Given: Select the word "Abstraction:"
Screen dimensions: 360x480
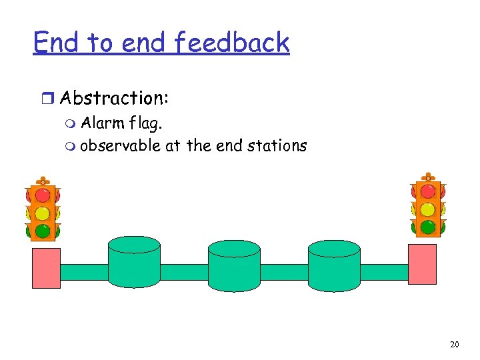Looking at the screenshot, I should [114, 98].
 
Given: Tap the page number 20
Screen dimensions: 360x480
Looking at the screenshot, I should [455, 344].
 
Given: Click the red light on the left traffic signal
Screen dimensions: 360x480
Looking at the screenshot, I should [43, 195].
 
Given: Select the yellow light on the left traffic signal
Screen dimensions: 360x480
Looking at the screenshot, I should [43, 213].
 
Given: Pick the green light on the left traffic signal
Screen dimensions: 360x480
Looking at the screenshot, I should [43, 231].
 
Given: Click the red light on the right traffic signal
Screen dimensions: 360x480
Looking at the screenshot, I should [428, 192].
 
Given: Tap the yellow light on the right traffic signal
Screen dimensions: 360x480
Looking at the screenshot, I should [428, 209].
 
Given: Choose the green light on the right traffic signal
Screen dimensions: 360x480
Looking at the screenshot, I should [428, 227].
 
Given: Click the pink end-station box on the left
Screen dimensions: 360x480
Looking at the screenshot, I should [46, 267].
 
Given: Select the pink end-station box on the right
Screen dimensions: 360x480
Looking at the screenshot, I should [422, 264].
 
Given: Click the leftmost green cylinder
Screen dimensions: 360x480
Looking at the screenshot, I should [134, 265].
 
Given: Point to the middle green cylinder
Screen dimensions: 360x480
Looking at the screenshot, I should [234, 266].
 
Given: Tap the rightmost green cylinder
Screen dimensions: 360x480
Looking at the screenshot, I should [334, 266].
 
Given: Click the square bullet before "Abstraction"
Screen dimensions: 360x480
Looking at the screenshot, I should [47, 99].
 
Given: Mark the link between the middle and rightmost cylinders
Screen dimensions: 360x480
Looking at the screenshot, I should [284, 272].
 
